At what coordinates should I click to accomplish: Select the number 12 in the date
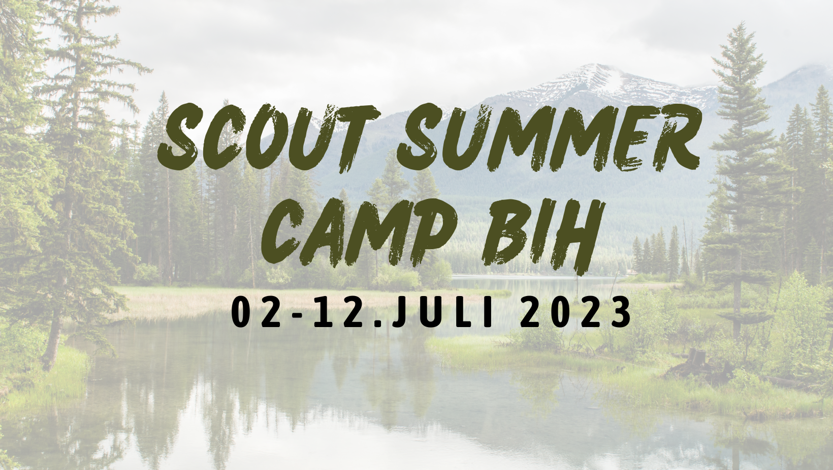pyautogui.click(x=338, y=312)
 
